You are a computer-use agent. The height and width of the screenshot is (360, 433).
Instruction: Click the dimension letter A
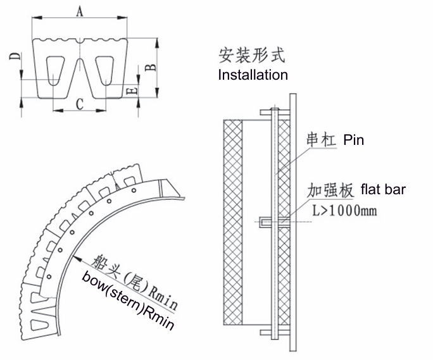click(78, 11)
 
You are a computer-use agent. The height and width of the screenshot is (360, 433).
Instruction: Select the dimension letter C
click(80, 103)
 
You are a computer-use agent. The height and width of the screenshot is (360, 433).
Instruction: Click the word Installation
click(253, 75)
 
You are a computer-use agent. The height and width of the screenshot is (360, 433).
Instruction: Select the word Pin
click(353, 139)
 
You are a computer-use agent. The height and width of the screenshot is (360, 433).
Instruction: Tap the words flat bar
click(382, 189)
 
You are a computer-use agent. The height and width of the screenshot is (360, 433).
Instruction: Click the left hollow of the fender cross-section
click(56, 68)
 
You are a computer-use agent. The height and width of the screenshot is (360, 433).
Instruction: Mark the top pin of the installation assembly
click(273, 112)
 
